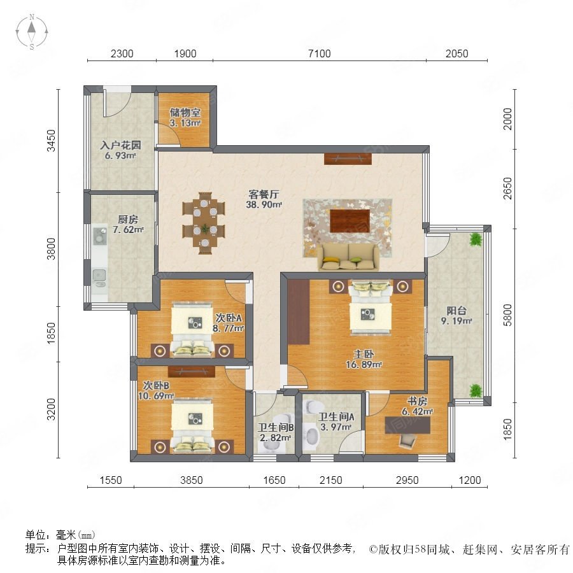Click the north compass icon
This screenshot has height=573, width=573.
(x=32, y=32)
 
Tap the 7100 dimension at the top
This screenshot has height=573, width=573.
(x=320, y=53)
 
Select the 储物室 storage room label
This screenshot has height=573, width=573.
(x=185, y=113)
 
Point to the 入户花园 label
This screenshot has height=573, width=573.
(x=120, y=145)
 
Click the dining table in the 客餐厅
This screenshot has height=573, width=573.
(x=204, y=223)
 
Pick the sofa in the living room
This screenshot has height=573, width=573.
(x=348, y=257)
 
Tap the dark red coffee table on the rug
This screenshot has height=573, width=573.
(x=350, y=220)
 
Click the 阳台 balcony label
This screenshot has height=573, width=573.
(x=456, y=311)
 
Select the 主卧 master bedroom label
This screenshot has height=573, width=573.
(x=364, y=354)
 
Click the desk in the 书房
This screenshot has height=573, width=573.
(x=407, y=425)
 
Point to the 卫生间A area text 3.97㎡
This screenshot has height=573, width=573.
(x=336, y=427)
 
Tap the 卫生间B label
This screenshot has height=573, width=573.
(x=276, y=427)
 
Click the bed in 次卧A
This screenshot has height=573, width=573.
(x=192, y=329)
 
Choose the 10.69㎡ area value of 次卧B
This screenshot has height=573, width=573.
(x=156, y=395)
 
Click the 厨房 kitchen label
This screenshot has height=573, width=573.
(x=128, y=219)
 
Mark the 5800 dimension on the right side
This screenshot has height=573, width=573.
(x=507, y=315)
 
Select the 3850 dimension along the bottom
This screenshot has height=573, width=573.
(x=192, y=480)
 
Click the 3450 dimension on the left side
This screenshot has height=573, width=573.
(x=52, y=141)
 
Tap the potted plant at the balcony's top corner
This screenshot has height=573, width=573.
(x=475, y=240)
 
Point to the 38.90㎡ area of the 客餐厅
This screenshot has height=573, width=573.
(x=264, y=204)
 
